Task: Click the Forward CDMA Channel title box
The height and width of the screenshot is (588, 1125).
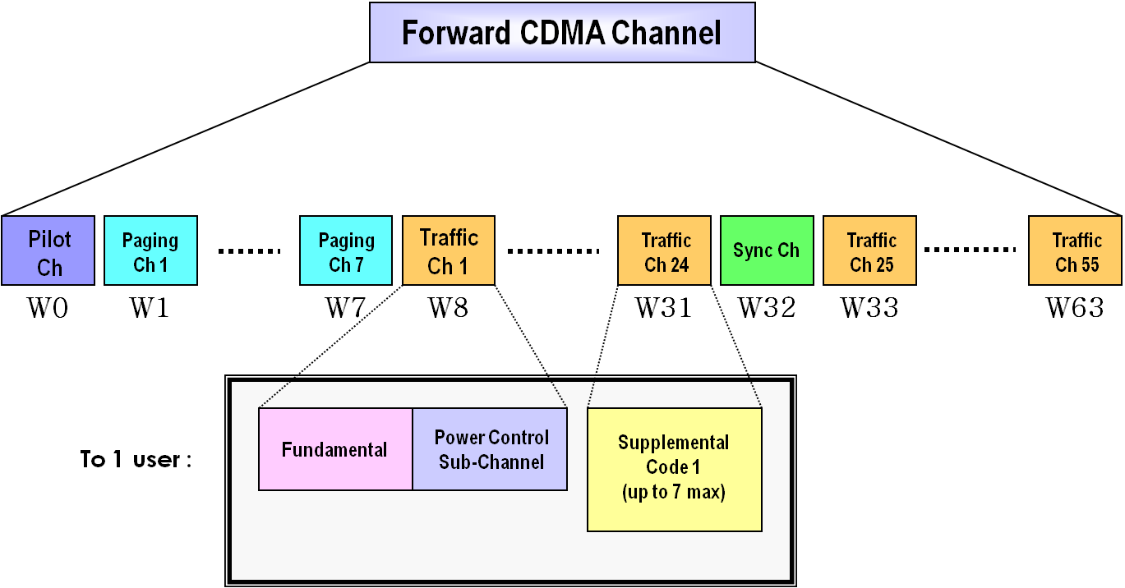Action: (562, 32)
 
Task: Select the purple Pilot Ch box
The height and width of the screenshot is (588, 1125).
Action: (48, 251)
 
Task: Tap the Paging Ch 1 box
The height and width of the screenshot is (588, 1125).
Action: (150, 251)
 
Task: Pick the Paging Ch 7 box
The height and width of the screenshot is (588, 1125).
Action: (346, 251)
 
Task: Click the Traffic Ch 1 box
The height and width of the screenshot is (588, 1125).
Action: (449, 251)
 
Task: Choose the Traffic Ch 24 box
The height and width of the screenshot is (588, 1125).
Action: (664, 251)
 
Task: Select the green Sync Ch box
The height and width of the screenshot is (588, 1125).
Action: (767, 251)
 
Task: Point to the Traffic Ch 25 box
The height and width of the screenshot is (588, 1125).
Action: (869, 251)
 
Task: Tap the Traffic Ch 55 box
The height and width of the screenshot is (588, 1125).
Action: (1075, 251)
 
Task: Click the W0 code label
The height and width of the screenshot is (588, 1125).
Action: (49, 308)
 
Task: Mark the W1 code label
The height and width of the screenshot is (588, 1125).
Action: (150, 308)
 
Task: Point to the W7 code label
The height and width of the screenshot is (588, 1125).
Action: (346, 308)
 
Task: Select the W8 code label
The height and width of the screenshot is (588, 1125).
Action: (449, 308)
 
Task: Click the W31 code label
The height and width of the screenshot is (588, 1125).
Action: (664, 308)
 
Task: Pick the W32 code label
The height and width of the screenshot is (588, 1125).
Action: (767, 308)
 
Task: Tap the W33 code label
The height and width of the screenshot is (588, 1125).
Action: (869, 308)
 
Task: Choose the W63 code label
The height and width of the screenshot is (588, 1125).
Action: (1075, 308)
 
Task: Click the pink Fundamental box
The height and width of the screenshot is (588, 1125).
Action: (335, 449)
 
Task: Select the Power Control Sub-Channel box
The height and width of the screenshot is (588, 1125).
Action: (490, 449)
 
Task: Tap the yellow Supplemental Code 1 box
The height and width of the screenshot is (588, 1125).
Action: (675, 469)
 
